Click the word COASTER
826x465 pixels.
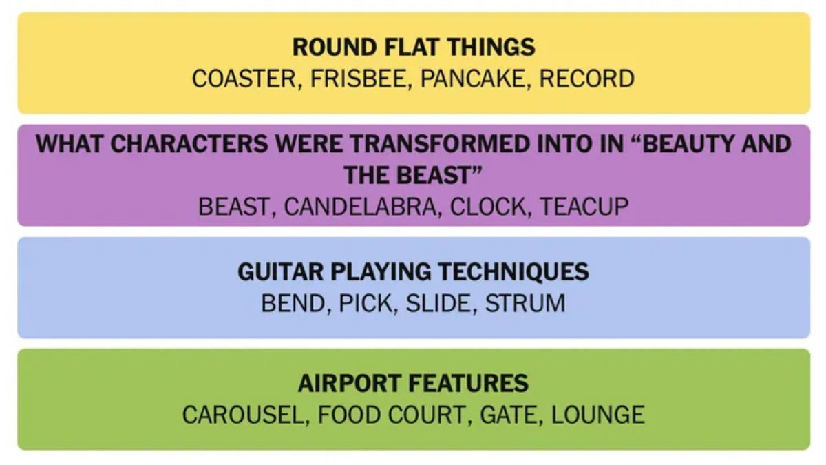coord(244,79)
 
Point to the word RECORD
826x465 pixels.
coord(586,79)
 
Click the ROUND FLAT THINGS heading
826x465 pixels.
coord(414,48)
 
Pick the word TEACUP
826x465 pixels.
coord(584,207)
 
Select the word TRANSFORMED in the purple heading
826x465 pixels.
coord(440,143)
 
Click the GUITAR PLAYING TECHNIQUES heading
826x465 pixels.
coord(414,271)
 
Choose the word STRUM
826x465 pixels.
coord(525,303)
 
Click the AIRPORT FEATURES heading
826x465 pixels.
coord(414,384)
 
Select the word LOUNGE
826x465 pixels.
coord(597,415)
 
